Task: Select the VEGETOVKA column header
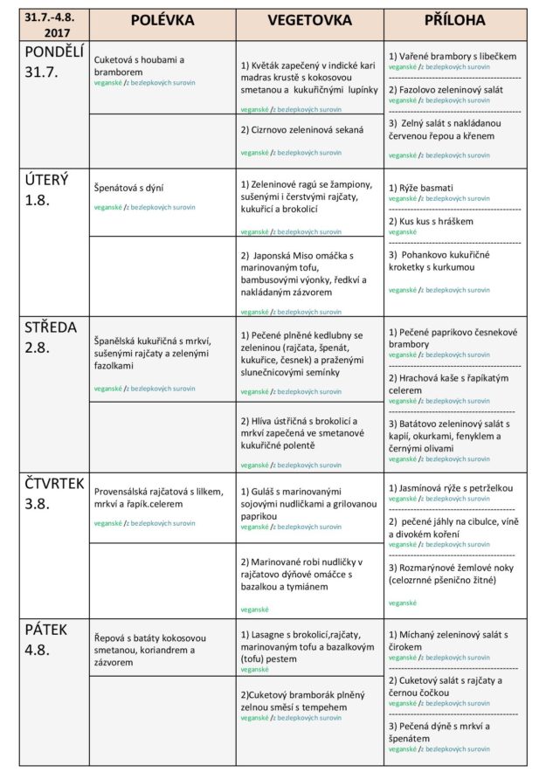click(x=309, y=20)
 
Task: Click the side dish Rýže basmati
click(x=421, y=188)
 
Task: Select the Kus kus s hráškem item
click(x=431, y=222)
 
